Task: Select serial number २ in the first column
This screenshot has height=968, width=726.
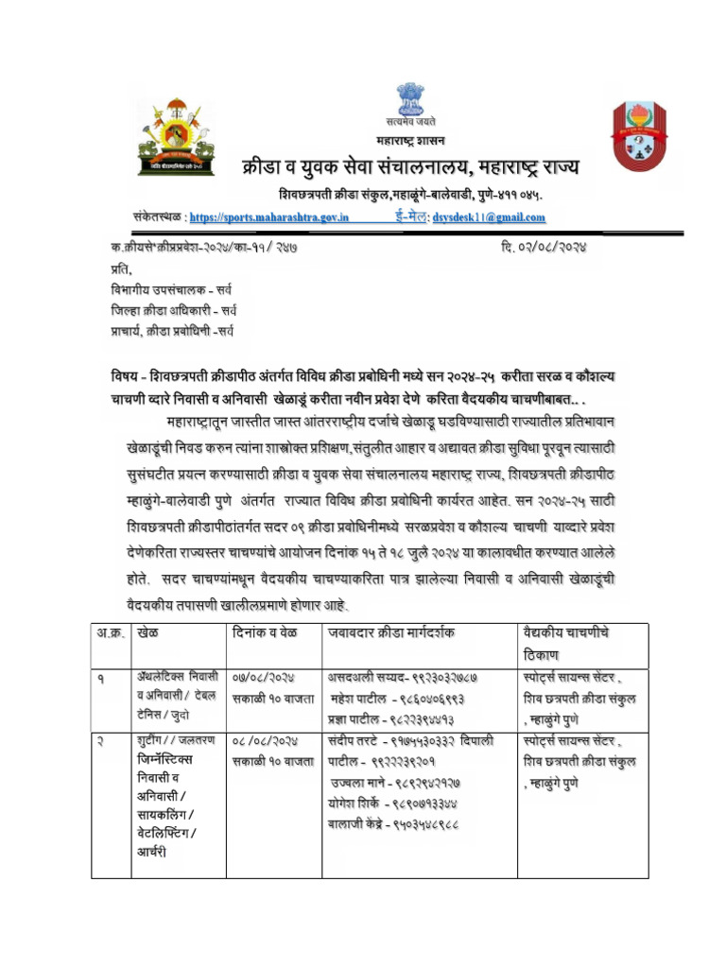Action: (x=97, y=742)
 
